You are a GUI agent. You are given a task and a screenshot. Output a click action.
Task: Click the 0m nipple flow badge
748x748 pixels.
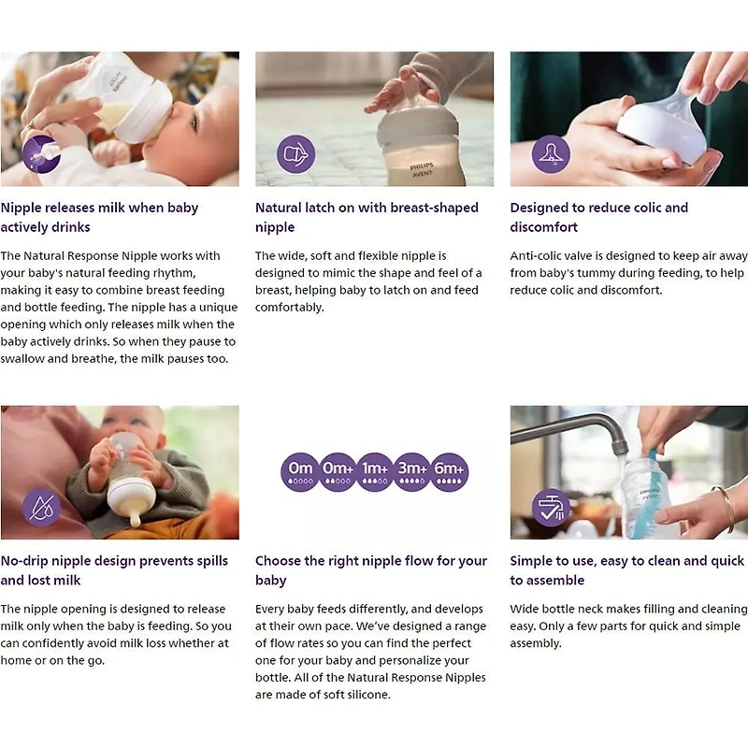(x=300, y=472)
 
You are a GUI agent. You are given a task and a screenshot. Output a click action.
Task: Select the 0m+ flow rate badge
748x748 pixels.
(x=338, y=472)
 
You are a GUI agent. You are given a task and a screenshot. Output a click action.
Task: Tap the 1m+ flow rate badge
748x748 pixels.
(x=375, y=472)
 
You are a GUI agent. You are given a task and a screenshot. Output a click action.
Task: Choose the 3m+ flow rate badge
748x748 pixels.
(x=412, y=472)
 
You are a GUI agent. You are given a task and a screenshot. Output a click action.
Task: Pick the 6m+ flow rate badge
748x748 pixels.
(x=450, y=472)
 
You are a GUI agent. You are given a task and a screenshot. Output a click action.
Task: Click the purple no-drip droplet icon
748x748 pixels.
(x=41, y=508)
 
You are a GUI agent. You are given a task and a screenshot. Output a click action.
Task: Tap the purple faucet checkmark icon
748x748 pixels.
(x=551, y=508)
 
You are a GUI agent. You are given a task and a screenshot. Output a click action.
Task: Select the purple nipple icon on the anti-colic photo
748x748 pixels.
(x=551, y=154)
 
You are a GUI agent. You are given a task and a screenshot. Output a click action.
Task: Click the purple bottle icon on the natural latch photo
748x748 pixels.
(x=296, y=154)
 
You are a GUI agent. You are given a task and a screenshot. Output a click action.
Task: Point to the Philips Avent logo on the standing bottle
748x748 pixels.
(x=422, y=169)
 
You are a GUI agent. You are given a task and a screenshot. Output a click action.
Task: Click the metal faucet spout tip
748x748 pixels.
(x=620, y=449)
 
